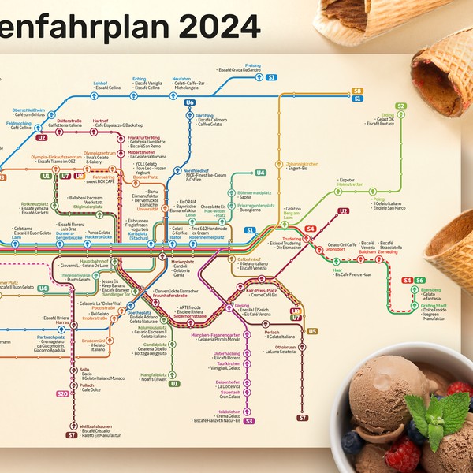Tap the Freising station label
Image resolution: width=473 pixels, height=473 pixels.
coord(253,65)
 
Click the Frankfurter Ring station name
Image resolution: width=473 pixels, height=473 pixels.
coord(143,137)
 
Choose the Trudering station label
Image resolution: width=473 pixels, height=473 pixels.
coord(292,238)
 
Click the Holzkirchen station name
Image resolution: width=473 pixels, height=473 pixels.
coord(228,412)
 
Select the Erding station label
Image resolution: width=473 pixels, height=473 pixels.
coord(387,115)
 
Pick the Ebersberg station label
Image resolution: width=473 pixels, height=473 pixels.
coord(431,289)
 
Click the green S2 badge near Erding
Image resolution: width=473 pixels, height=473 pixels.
coord(400,106)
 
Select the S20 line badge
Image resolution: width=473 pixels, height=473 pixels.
coord(62,393)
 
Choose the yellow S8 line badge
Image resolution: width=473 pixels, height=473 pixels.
coord(357,91)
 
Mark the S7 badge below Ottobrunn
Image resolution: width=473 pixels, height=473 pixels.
coord(302,416)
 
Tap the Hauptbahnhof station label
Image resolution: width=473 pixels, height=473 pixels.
coord(94,260)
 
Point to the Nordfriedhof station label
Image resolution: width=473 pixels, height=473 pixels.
coord(196,170)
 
